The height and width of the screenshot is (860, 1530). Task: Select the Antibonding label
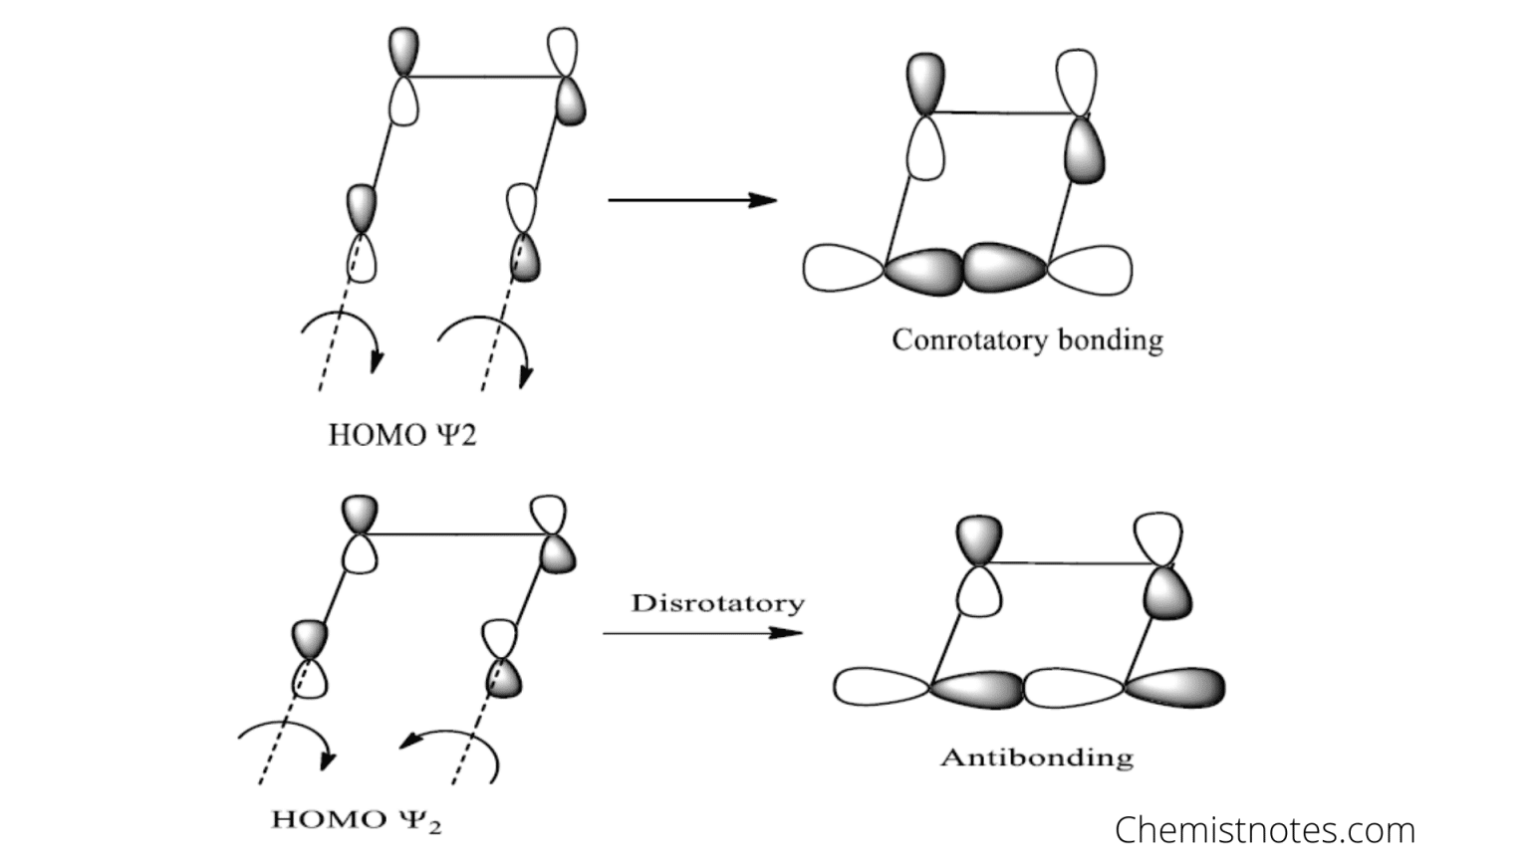tap(1036, 757)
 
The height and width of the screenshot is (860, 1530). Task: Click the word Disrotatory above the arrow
tap(717, 603)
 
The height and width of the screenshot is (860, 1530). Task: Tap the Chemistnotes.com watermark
tap(1264, 829)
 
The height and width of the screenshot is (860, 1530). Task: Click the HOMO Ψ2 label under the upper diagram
tap(402, 435)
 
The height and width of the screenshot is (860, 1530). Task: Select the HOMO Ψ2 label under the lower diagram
tap(357, 820)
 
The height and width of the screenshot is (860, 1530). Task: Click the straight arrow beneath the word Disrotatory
tap(702, 633)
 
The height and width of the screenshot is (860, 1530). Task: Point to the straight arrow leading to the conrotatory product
tap(692, 200)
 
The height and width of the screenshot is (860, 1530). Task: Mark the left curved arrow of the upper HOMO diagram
tap(344, 333)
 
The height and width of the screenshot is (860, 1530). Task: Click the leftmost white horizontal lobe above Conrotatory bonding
tap(843, 269)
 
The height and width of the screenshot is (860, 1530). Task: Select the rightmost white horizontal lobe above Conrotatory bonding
tap(1090, 270)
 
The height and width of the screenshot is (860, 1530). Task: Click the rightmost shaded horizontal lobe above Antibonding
tap(1175, 687)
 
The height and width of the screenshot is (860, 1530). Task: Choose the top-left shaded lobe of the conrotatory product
tap(925, 82)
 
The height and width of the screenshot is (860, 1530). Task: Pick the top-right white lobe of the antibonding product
tap(1158, 537)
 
